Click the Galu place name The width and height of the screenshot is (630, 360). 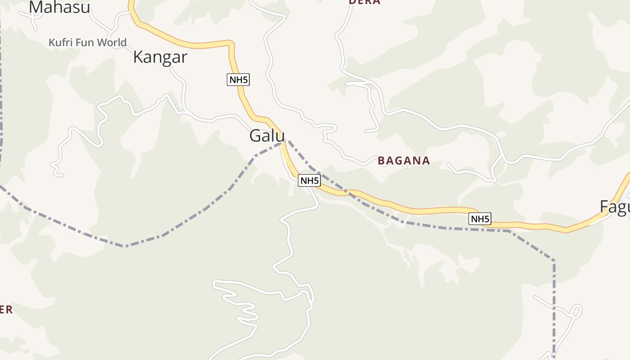267,136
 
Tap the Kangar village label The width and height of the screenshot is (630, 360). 160,57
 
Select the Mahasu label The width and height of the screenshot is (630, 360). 59,7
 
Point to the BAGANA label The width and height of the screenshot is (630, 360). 404,161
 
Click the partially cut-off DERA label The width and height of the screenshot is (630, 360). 364,2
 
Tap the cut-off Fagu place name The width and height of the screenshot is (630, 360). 615,207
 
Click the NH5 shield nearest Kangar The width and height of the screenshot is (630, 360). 238,80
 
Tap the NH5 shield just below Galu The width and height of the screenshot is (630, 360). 309,180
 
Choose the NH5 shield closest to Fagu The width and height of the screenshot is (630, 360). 480,219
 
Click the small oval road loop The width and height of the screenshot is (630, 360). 576,311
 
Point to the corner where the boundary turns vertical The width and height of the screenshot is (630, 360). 554,261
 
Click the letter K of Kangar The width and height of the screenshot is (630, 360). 138,57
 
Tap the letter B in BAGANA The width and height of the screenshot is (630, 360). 381,161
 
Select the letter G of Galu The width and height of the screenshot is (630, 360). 256,136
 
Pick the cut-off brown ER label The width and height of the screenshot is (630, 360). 5,310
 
